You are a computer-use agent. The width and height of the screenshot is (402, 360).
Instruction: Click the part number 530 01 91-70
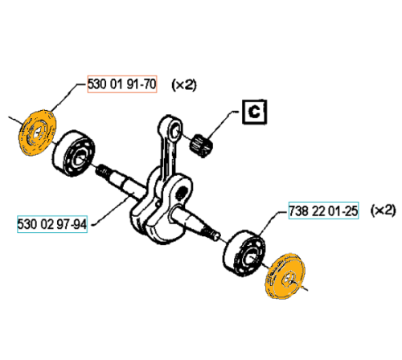[122, 84]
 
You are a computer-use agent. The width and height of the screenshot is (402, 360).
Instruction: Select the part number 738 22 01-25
[323, 211]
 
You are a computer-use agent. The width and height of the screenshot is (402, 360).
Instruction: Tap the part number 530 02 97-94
[52, 224]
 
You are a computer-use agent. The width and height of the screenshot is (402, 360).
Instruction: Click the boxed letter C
[254, 112]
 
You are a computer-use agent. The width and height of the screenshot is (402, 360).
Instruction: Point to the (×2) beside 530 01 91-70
[184, 84]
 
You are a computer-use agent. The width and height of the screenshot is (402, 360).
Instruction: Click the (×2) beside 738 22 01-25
[383, 210]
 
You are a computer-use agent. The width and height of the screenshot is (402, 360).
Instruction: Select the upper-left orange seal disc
[38, 133]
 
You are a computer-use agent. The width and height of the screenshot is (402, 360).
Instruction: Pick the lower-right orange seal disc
[285, 276]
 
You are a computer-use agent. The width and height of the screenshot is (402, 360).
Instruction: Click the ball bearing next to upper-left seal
[73, 153]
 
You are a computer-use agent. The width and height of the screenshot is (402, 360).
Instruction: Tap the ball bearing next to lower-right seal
[244, 252]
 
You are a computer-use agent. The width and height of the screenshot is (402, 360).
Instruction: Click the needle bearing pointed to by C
[201, 145]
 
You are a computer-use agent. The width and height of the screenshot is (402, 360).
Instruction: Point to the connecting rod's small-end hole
[176, 130]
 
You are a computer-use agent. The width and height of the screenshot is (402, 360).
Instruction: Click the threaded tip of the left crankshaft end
[102, 171]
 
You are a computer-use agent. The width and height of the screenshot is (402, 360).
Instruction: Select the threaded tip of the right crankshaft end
[211, 233]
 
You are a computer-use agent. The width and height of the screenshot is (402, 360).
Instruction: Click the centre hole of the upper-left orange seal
[38, 132]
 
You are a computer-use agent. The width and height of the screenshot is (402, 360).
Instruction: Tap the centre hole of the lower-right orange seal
[288, 278]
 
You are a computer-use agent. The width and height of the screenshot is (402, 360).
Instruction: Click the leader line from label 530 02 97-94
[111, 211]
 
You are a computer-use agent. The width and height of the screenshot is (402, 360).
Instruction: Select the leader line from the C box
[222, 125]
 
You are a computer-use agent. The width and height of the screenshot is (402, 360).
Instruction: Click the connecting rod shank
[166, 155]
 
